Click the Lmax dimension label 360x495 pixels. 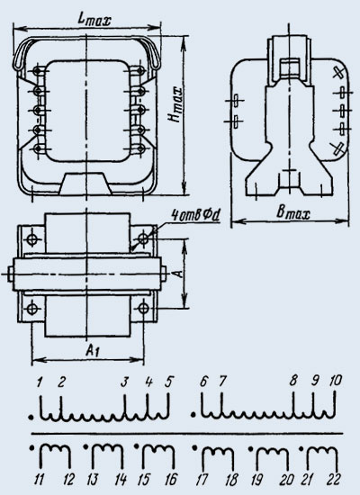[94, 20]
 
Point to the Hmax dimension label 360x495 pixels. [175, 104]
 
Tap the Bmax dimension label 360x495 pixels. [293, 213]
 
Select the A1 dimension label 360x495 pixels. [92, 350]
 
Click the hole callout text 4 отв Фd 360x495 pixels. [195, 216]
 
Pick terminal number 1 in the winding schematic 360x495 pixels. [40, 382]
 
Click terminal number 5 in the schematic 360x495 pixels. [169, 382]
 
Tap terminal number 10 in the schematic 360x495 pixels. [336, 381]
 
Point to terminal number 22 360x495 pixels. [334, 480]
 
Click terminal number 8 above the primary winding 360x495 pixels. [293, 381]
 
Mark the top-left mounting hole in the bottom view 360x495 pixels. [31, 239]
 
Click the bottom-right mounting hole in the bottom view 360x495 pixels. [144, 308]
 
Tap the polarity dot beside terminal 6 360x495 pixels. [193, 414]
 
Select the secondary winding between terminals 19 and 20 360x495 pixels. [272, 450]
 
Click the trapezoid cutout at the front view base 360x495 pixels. [85, 183]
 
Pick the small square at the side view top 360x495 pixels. [290, 67]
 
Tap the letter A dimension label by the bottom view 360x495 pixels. [179, 273]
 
